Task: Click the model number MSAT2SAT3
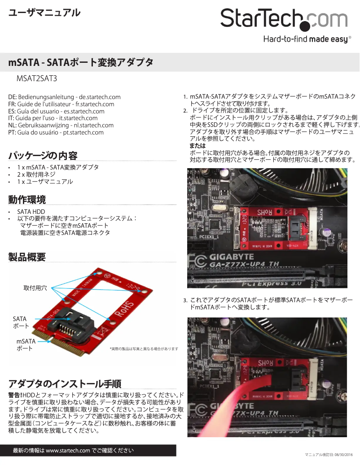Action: (x=37, y=78)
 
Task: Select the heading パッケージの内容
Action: (x=43, y=156)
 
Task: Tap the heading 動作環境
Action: (x=27, y=200)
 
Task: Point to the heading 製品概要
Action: (x=27, y=257)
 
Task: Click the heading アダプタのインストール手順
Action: (x=65, y=383)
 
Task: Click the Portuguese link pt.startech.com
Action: (x=83, y=133)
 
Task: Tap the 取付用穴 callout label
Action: (x=35, y=288)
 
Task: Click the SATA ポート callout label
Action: (x=21, y=322)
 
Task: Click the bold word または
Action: (x=198, y=146)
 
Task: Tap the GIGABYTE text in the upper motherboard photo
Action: (x=232, y=257)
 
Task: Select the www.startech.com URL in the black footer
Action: (x=68, y=451)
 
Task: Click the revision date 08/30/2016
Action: (x=344, y=455)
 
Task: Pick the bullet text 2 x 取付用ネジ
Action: (x=36, y=174)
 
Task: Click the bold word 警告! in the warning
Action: (x=15, y=395)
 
